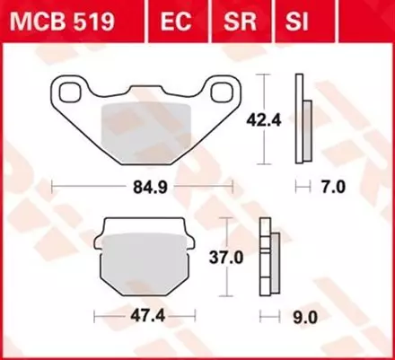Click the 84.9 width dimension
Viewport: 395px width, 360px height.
142,189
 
